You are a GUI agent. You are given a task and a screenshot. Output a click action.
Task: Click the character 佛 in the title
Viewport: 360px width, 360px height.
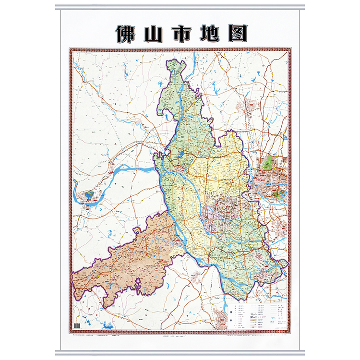126,33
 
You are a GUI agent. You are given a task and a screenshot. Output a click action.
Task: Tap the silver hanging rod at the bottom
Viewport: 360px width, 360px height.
180,353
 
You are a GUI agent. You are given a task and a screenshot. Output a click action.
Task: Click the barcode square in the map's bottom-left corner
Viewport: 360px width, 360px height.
77,325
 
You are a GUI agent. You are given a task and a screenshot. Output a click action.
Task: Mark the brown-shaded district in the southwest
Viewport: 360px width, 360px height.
130,259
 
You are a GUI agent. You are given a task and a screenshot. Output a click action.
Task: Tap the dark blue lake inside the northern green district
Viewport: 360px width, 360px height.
181,155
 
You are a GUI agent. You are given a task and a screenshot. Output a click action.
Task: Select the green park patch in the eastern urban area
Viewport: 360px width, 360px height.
269,161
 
